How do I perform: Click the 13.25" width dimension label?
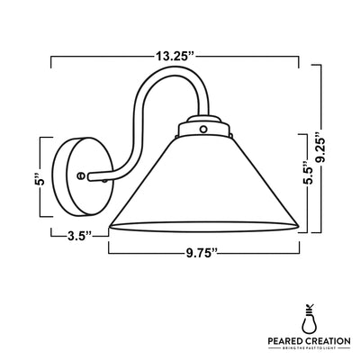(x=174, y=56)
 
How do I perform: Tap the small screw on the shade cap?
(x=202, y=130)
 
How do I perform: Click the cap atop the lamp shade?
(x=202, y=129)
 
